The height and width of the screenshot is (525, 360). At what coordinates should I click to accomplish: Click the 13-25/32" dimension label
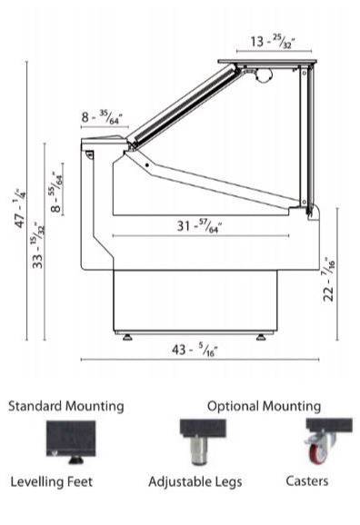pos(273,42)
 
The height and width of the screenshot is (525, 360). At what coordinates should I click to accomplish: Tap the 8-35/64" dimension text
pos(102,117)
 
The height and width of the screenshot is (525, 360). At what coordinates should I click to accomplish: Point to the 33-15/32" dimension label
pos(38,244)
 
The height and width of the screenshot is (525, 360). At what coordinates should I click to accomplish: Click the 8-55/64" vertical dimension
pos(57,193)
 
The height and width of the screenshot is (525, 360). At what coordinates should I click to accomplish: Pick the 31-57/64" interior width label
pos(199,225)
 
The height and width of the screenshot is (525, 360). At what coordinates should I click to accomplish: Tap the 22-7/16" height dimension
pos(329,280)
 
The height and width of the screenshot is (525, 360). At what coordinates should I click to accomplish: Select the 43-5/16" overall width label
pos(195,350)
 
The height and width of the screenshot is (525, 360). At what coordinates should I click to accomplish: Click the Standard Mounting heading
pos(66,406)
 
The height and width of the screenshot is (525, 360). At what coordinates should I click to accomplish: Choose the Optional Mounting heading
pos(265,406)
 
